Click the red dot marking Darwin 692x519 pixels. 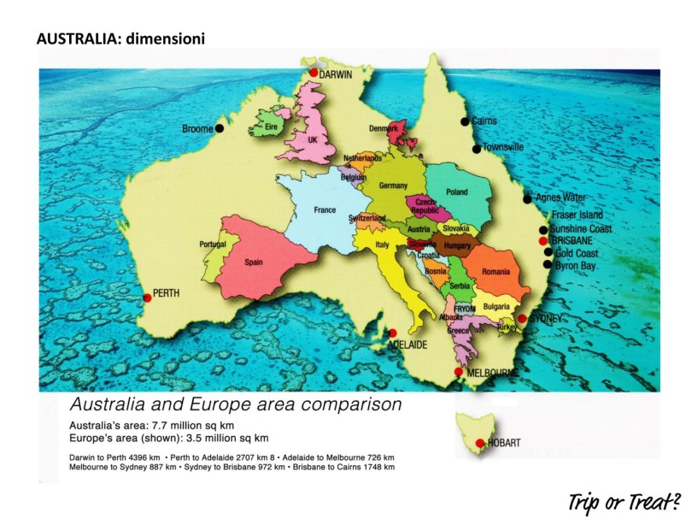click(x=314, y=74)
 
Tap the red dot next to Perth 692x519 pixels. click(x=147, y=298)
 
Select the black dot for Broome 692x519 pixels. click(x=220, y=128)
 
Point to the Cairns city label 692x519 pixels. click(x=484, y=121)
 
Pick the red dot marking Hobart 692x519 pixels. click(x=480, y=443)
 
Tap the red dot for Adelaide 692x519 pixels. click(x=393, y=333)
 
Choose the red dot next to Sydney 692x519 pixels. click(x=522, y=318)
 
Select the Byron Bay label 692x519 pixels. click(x=578, y=266)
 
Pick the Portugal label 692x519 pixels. click(x=213, y=244)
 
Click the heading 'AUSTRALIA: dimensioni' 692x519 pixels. click(x=120, y=38)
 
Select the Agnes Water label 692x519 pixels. click(x=560, y=198)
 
